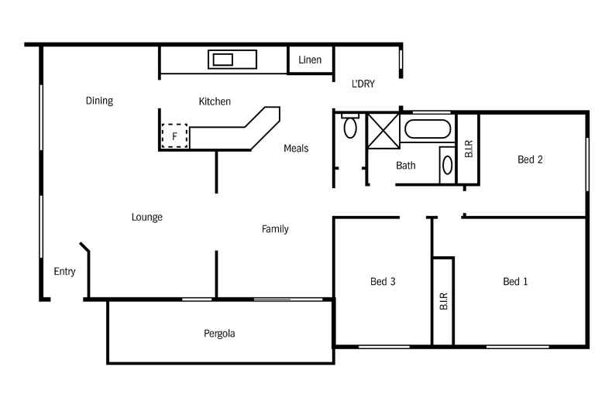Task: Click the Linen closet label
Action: click(310, 60)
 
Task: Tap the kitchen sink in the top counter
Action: click(232, 60)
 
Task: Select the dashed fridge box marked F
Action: click(174, 135)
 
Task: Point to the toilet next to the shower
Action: click(350, 125)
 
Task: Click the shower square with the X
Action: click(383, 131)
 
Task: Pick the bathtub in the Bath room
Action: click(428, 129)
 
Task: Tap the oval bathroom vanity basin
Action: click(447, 165)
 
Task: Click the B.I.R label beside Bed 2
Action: click(469, 149)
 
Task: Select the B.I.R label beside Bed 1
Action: click(443, 301)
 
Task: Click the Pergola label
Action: click(219, 334)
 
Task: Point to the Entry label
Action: click(64, 272)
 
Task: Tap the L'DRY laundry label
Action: click(363, 84)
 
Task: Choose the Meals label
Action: click(296, 148)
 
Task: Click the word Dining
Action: click(99, 101)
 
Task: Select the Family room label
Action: click(275, 229)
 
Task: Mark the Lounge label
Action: click(146, 217)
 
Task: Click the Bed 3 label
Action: click(383, 281)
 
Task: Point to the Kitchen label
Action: click(215, 101)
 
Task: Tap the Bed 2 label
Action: click(530, 159)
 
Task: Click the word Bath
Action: click(405, 166)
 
